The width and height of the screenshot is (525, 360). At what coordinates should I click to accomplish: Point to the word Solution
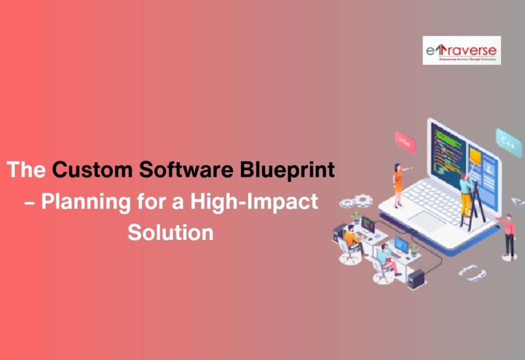tap(170, 232)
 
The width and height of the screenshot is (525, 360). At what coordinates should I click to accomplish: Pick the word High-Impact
tap(254, 202)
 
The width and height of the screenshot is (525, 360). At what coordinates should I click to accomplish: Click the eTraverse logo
tap(461, 50)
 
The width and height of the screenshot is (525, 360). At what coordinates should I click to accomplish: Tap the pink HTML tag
tap(405, 142)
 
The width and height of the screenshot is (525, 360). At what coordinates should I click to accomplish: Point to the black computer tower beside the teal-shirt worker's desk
tap(416, 279)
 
